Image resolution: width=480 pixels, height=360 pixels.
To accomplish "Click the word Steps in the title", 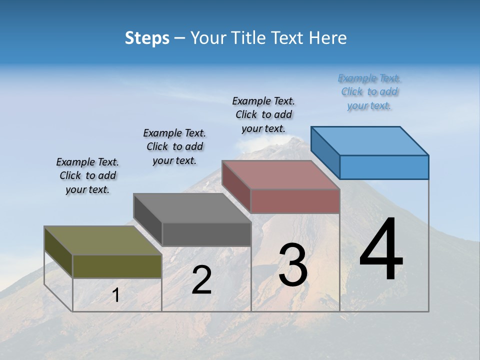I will click(147, 38).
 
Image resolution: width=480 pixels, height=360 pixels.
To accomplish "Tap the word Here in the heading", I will click(327, 38).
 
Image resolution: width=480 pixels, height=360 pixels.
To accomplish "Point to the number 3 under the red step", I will click(292, 265).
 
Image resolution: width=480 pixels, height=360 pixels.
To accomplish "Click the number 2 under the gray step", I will click(201, 280).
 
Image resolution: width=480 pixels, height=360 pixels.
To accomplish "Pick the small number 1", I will click(115, 295).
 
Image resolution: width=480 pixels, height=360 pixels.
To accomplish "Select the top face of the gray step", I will click(192, 208).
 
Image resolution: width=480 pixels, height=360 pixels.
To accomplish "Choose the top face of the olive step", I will click(103, 240).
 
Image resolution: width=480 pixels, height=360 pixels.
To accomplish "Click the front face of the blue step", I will click(384, 167).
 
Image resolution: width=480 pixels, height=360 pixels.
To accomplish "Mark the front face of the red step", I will click(295, 201).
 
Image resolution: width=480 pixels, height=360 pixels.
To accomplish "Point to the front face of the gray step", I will click(206, 234).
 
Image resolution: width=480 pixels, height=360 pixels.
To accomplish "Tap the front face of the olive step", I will click(117, 266).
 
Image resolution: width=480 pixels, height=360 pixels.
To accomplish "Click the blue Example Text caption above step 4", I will click(369, 92).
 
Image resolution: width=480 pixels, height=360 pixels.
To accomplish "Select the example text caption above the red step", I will click(264, 115).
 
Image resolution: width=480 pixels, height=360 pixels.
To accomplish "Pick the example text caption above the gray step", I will click(174, 146).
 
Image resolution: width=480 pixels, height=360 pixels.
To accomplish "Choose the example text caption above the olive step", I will click(87, 176).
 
